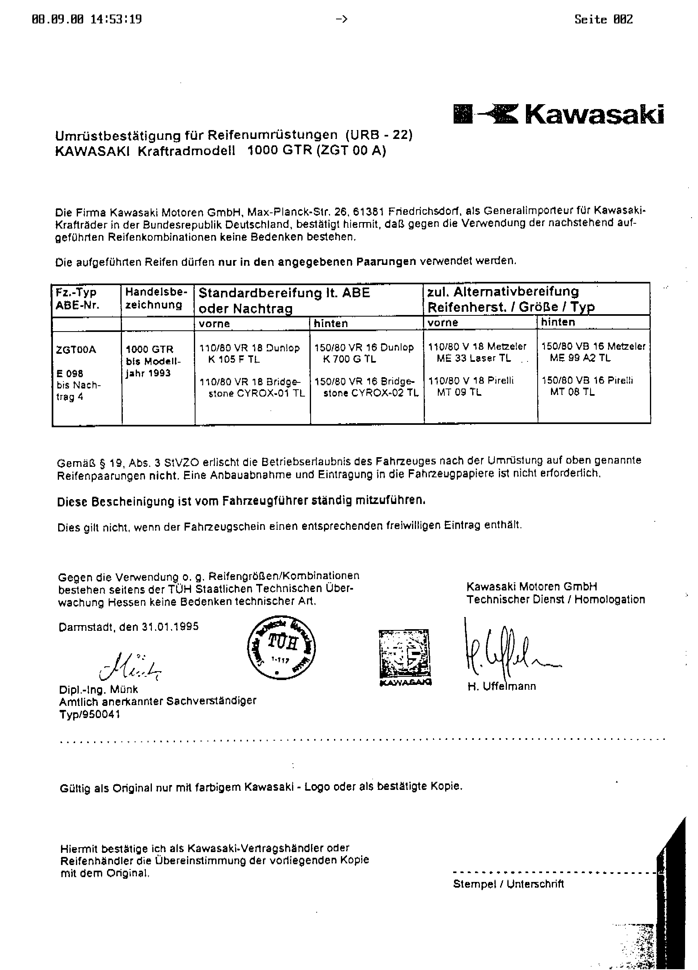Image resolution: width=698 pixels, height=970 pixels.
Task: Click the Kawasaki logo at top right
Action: [558, 114]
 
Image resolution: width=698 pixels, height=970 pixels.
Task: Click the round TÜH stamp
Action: [282, 649]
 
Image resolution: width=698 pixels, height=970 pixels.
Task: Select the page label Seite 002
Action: [603, 20]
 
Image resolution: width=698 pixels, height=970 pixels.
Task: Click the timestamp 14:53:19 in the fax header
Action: [116, 20]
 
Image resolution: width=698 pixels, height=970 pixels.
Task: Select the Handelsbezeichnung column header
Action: [156, 298]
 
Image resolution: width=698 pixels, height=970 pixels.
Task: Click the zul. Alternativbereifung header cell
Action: [511, 299]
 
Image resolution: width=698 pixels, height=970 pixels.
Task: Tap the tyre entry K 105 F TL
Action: [234, 360]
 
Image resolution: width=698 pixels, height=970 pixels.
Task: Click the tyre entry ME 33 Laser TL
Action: [473, 359]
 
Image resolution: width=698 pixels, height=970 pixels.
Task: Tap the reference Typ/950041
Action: [90, 715]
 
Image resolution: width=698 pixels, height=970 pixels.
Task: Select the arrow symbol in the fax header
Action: [341, 19]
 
